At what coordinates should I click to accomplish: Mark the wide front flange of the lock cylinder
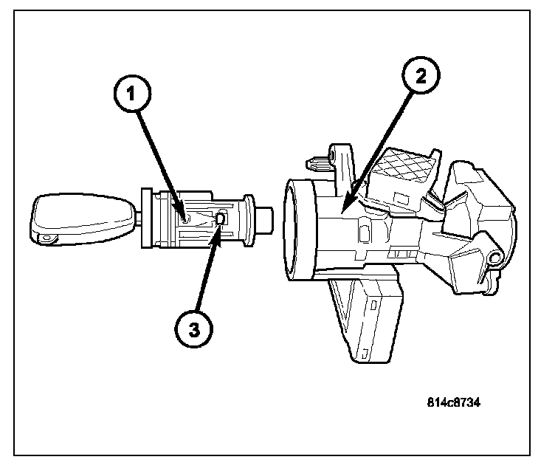coord(147,218)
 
